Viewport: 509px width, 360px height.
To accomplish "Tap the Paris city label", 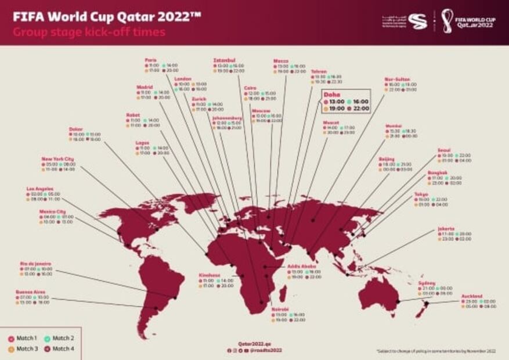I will [x=151, y=59].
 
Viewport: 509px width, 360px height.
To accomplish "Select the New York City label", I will [x=57, y=159].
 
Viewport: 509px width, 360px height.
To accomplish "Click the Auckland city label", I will [x=472, y=296].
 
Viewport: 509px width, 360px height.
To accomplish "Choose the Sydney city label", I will [x=427, y=283].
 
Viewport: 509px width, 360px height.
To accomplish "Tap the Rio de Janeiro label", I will [x=35, y=263].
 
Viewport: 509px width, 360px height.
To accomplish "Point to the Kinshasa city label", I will [x=209, y=275].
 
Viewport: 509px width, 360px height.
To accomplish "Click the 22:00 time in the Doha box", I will [x=360, y=109].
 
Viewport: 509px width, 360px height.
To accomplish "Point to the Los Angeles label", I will [x=41, y=189].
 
